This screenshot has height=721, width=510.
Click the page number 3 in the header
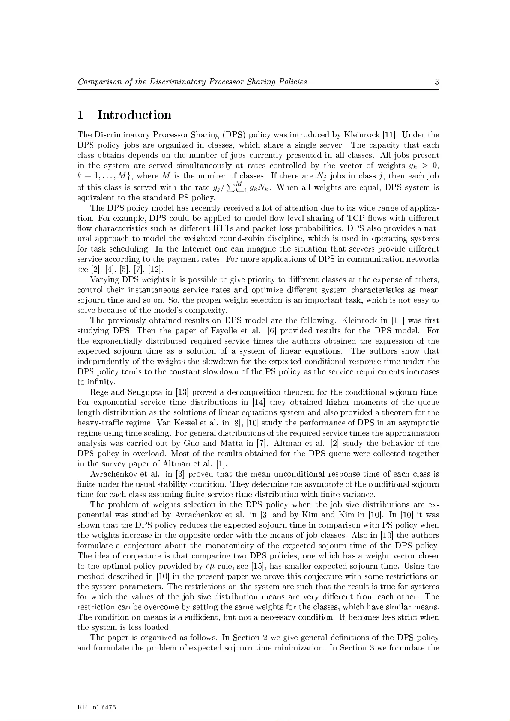437,82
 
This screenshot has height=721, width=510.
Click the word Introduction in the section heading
134,115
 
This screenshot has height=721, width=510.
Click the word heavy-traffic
97,423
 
